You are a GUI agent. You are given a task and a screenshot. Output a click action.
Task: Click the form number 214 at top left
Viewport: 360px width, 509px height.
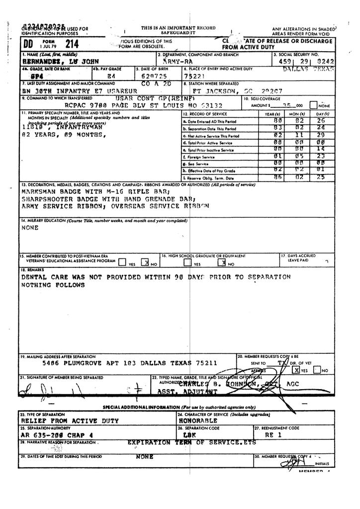(66, 44)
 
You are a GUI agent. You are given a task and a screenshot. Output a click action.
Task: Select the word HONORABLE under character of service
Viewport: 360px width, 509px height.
(197, 421)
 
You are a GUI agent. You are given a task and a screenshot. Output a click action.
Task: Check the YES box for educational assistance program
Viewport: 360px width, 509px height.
(122, 262)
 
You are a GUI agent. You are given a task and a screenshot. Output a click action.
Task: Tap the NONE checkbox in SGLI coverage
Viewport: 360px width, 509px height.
(313, 105)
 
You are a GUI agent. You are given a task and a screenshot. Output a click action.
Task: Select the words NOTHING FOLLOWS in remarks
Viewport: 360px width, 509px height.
(53, 285)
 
